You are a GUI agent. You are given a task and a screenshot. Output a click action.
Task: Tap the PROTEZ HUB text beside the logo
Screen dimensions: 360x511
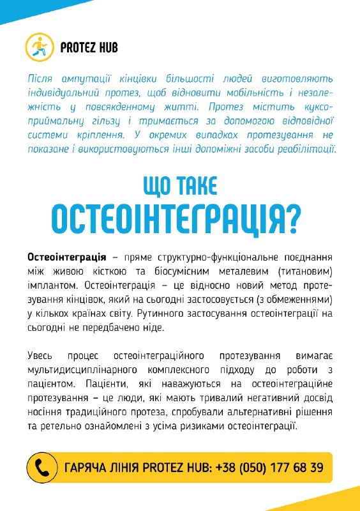tap(89, 47)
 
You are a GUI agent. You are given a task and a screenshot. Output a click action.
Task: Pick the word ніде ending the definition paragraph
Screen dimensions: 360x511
tap(153, 328)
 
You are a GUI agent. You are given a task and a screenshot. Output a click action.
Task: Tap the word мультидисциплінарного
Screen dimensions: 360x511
tap(88, 369)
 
